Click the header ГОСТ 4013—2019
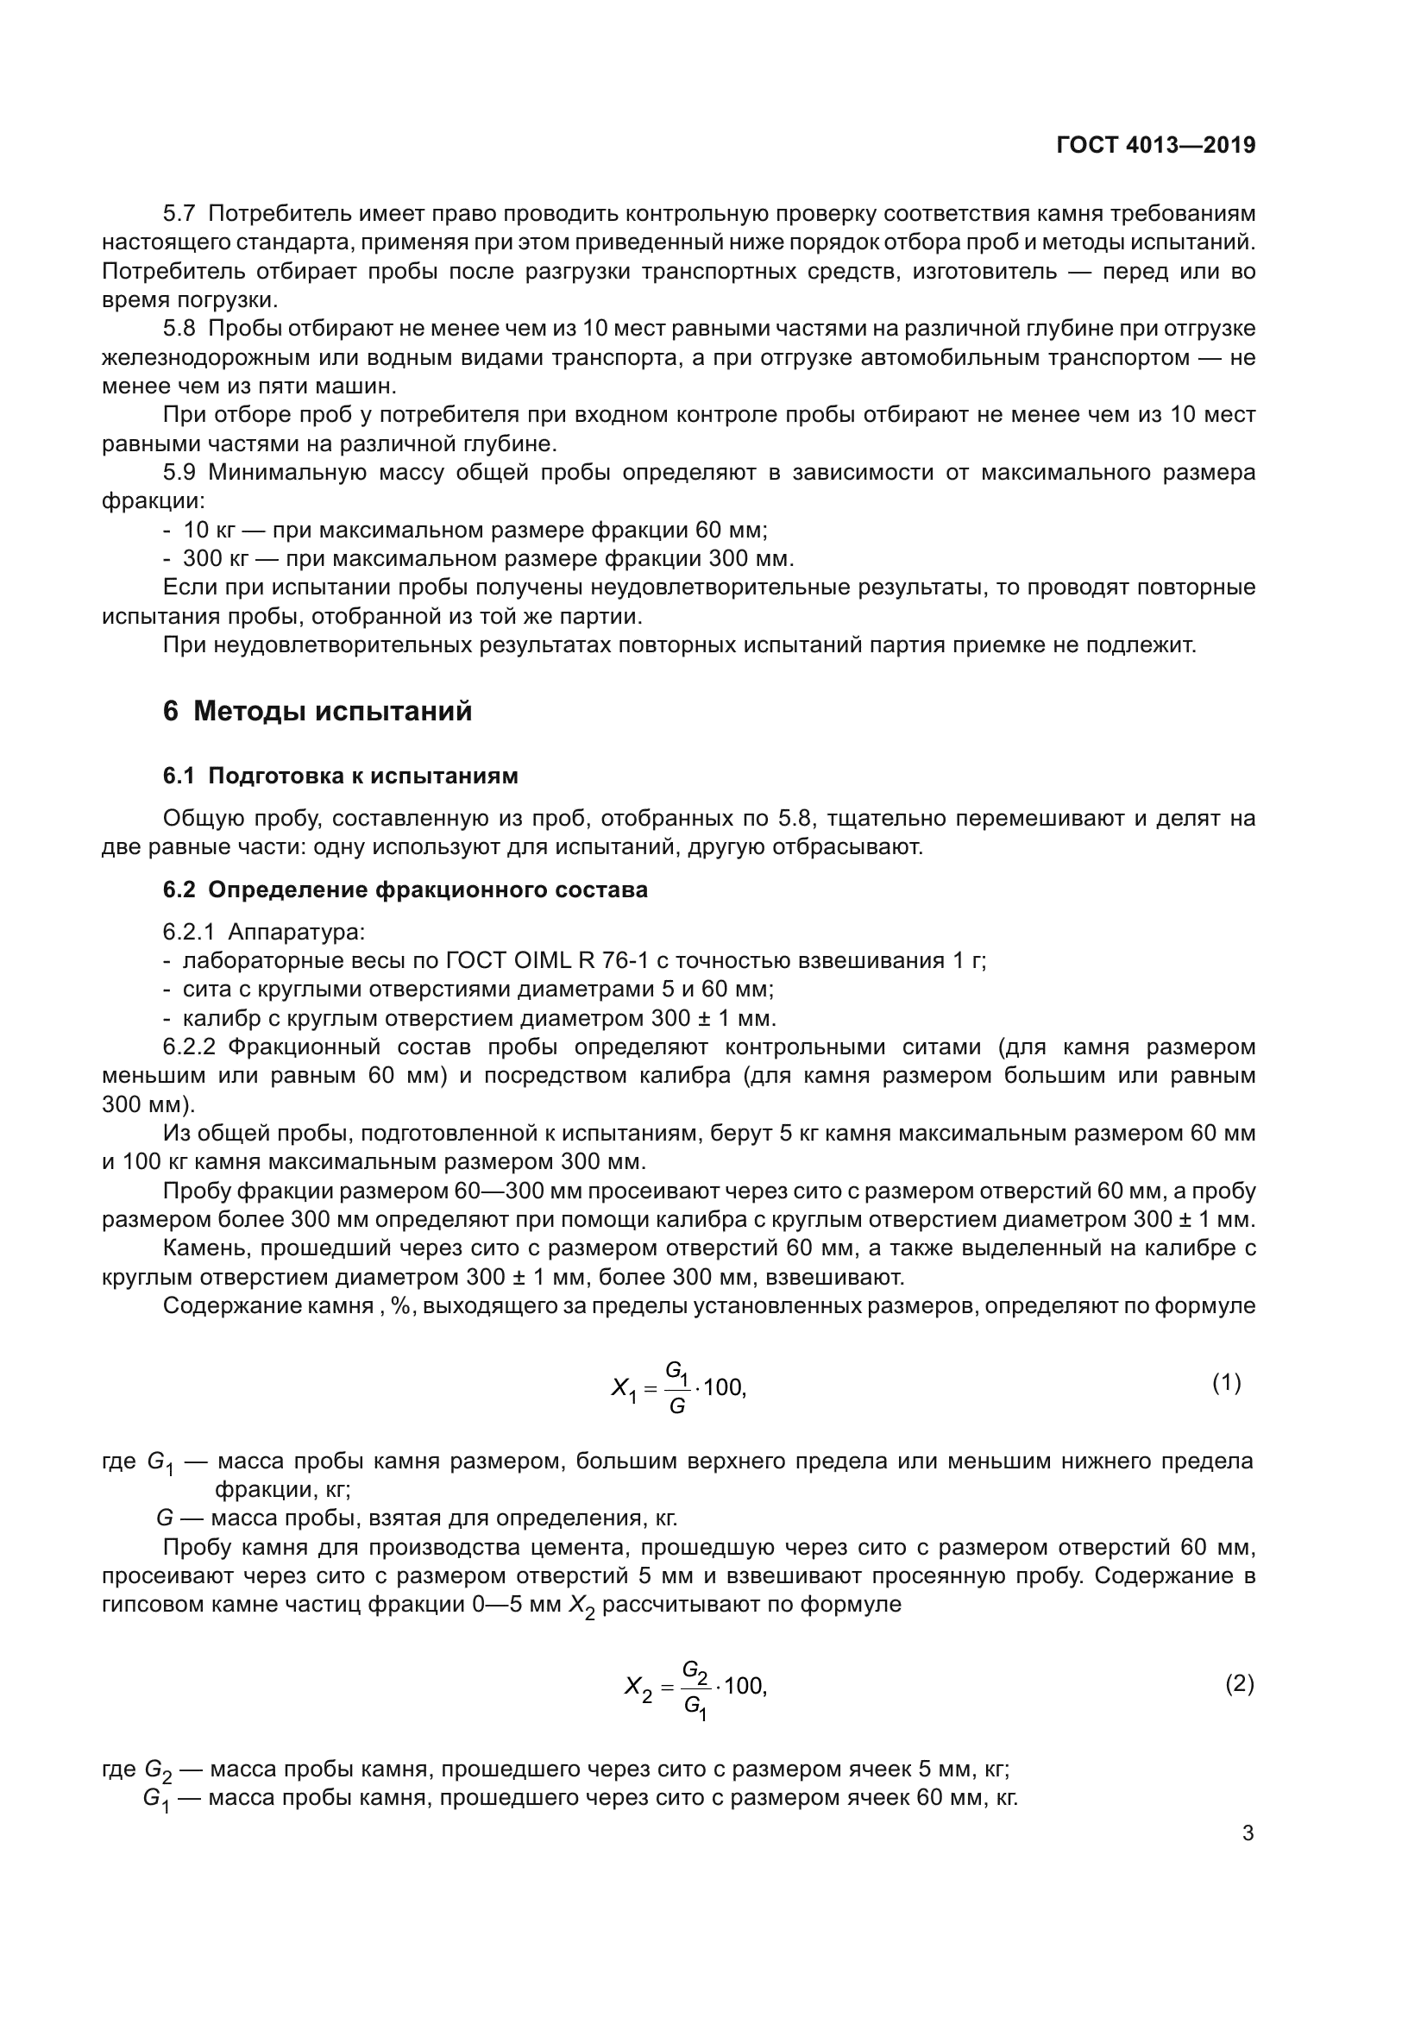pyautogui.click(x=1155, y=146)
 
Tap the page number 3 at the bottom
pyautogui.click(x=1248, y=1833)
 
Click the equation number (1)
pyautogui.click(x=1227, y=1382)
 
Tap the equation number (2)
pyautogui.click(x=1239, y=1684)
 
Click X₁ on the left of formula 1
pyautogui.click(x=623, y=1390)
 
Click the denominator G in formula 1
pyautogui.click(x=676, y=1406)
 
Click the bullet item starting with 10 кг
pyautogui.click(x=475, y=530)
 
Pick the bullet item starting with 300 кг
pyautogui.click(x=487, y=559)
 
